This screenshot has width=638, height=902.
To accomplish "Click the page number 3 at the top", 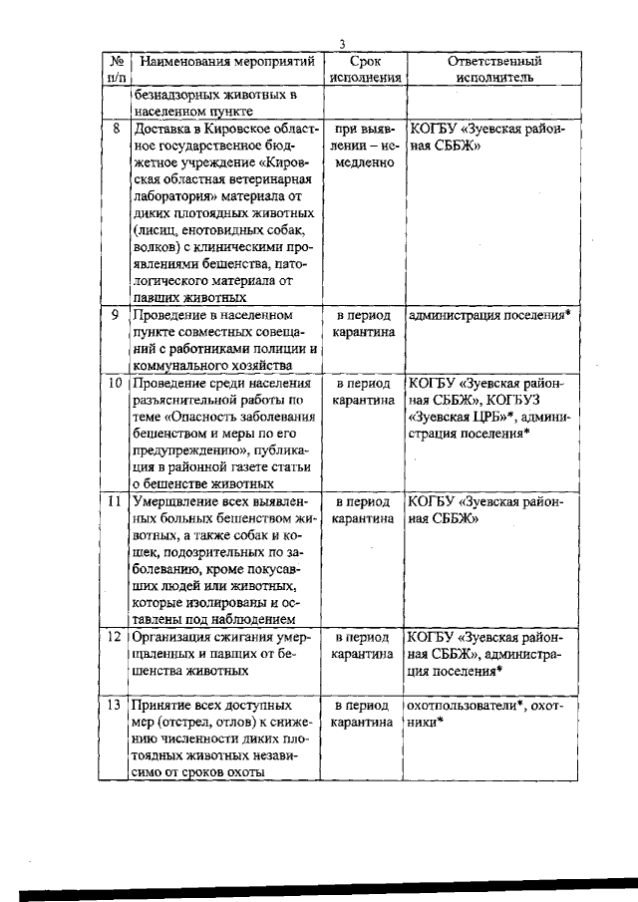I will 341,44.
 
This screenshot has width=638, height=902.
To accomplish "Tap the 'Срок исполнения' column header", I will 366,69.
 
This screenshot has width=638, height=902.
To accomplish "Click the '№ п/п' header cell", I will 117,69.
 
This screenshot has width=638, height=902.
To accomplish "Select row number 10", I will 116,383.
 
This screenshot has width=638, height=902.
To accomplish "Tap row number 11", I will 116,501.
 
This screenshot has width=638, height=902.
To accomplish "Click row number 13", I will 116,704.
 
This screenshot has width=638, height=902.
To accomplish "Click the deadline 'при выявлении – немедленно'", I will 366,146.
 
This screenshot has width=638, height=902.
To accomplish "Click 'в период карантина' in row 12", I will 366,644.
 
